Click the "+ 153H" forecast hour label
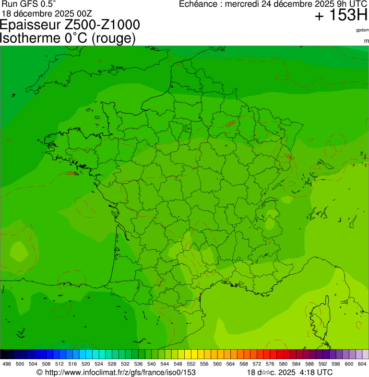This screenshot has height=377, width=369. coord(341,15)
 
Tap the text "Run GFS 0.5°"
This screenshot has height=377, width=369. coord(29,4)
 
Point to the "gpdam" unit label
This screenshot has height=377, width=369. coord(362,30)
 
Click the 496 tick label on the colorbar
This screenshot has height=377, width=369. coord(7,364)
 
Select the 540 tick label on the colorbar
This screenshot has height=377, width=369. coord(151,364)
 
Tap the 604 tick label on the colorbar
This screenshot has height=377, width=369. coord(362,364)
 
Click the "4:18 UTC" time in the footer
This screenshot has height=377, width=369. coord(316,372)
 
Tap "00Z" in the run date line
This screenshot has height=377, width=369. coord(86,13)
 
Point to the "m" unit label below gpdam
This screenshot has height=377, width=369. coord(366,41)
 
